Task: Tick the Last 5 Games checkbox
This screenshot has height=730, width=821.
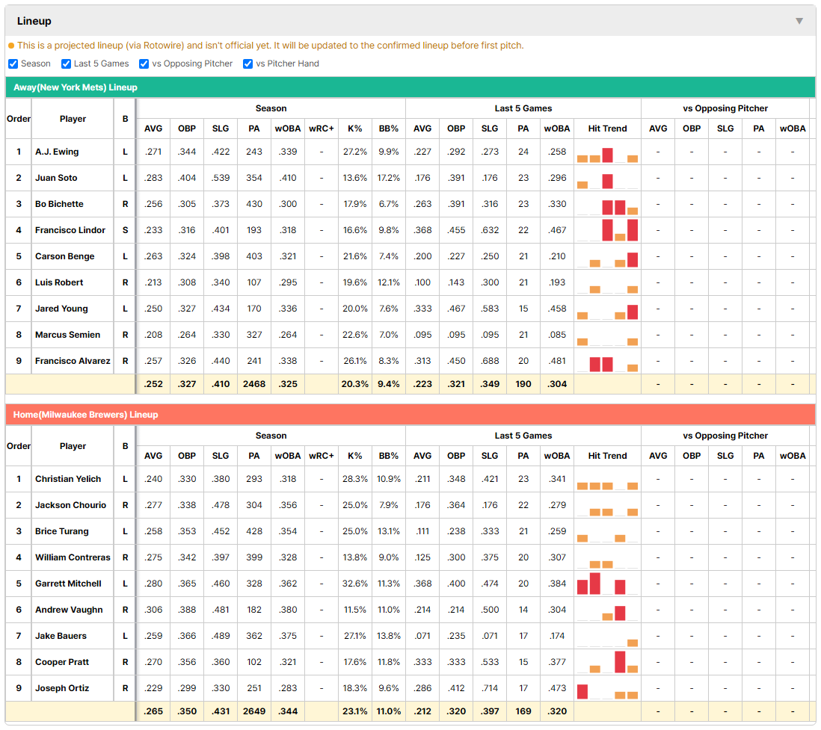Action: pos(66,64)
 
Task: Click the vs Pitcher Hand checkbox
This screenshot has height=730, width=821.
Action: pos(247,64)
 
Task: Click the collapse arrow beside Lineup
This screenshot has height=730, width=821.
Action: pos(799,21)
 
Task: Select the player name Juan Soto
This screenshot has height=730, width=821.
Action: pos(56,178)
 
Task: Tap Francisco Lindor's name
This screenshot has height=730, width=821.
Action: pos(70,230)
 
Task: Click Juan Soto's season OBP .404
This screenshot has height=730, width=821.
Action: pos(187,178)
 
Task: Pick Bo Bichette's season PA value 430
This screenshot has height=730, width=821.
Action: pos(254,204)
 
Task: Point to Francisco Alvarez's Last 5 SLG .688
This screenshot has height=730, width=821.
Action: pos(490,361)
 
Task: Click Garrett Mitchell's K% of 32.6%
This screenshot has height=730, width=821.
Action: pos(355,584)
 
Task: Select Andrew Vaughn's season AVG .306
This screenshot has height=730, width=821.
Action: pos(153,610)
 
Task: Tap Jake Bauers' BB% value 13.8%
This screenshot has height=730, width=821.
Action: pos(389,636)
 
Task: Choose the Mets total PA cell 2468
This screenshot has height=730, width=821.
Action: pos(254,384)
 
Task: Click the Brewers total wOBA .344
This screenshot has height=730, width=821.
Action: pos(288,711)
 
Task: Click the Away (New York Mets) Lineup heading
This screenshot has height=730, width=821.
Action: pos(76,87)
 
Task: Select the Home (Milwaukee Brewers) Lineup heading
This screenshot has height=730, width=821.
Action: pos(85,415)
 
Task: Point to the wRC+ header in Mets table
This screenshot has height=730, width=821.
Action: pos(322,129)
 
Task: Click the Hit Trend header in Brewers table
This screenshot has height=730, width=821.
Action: pos(607,456)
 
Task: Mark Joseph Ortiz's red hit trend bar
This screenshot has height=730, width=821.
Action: pos(582,692)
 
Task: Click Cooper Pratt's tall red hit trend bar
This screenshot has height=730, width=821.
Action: pos(620,662)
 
